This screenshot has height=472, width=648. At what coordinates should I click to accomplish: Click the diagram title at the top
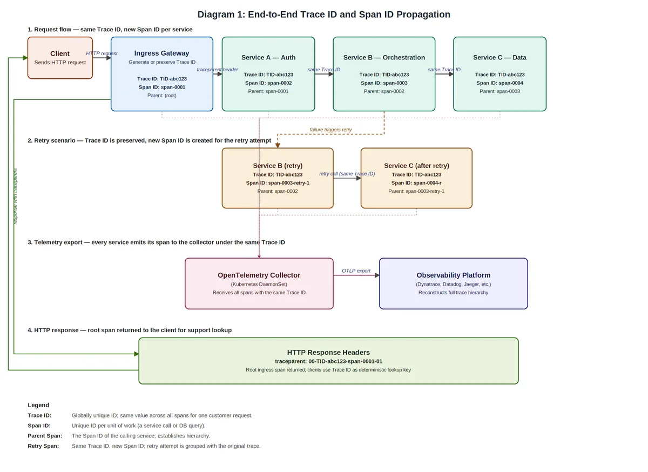pyautogui.click(x=323, y=15)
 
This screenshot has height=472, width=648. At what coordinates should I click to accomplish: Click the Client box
pyautogui.click(x=60, y=58)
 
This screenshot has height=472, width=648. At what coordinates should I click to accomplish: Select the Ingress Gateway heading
pyautogui.click(x=161, y=53)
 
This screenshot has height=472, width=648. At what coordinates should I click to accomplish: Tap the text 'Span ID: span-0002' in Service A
pyautogui.click(x=268, y=83)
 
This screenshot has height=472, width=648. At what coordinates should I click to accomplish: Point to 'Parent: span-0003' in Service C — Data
pyautogui.click(x=500, y=91)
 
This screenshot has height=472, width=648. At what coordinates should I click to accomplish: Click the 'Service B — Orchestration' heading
pyautogui.click(x=384, y=58)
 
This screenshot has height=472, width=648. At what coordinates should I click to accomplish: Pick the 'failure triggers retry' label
pyautogui.click(x=330, y=130)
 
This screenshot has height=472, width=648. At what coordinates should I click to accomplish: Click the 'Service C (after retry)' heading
pyautogui.click(x=416, y=166)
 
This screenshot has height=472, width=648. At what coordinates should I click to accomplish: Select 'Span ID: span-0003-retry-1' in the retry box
pyautogui.click(x=278, y=183)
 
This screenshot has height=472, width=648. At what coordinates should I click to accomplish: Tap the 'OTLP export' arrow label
pyautogui.click(x=356, y=271)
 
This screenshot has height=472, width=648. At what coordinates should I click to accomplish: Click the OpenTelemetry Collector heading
pyautogui.click(x=259, y=275)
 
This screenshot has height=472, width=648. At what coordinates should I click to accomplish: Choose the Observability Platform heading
pyautogui.click(x=453, y=275)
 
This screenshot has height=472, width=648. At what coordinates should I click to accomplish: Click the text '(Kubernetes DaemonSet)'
pyautogui.click(x=259, y=284)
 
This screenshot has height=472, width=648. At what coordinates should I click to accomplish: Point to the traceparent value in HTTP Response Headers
pyautogui.click(x=346, y=361)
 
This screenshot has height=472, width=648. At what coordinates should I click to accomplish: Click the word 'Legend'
pyautogui.click(x=38, y=405)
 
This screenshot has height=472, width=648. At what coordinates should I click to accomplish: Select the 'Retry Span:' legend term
pyautogui.click(x=43, y=446)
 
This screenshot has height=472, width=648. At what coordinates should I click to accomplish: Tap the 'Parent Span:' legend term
pyautogui.click(x=45, y=436)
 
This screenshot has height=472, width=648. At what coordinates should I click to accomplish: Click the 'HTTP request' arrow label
pyautogui.click(x=102, y=53)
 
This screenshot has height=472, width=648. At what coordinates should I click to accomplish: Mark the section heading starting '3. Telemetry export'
pyautogui.click(x=156, y=242)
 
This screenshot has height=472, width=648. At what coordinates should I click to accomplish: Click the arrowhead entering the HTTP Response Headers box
pyautogui.click(x=137, y=354)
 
